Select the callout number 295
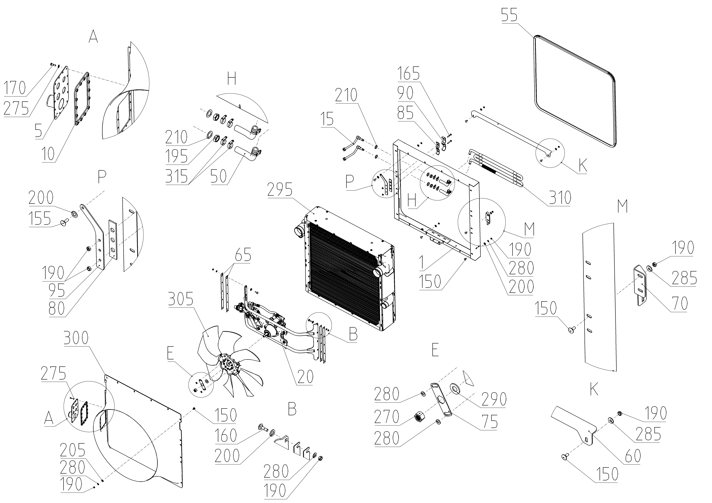click(x=281, y=190)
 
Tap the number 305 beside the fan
click(x=181, y=300)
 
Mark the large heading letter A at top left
click(x=93, y=38)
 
